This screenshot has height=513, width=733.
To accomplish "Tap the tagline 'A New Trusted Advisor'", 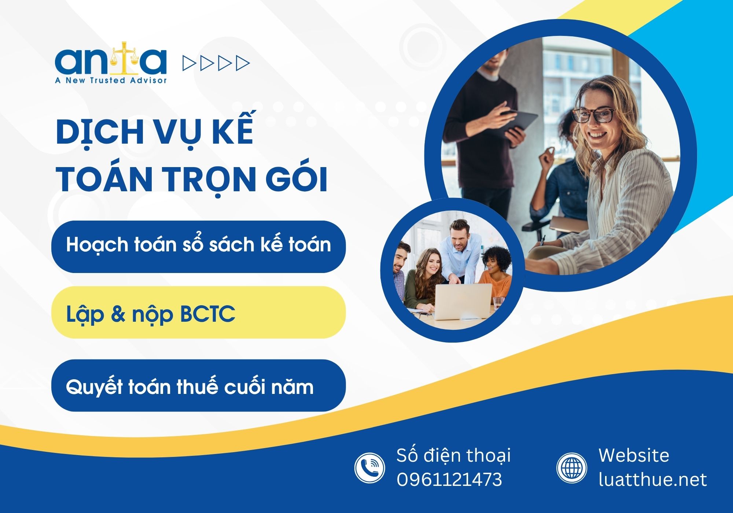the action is click(111, 80).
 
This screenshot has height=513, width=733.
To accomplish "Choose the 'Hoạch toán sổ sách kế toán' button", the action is click(199, 247).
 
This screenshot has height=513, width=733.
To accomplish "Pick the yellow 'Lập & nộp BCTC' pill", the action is click(199, 313).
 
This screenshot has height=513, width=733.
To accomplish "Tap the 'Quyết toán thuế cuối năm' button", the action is click(199, 385).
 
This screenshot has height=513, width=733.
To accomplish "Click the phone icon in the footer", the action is click(370, 468).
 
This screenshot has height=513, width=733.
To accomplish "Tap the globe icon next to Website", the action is click(572, 468).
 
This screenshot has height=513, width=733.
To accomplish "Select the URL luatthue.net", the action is click(652, 480).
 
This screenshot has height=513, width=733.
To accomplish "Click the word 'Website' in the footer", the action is click(634, 455).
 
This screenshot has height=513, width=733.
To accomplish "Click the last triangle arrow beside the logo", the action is click(243, 63).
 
